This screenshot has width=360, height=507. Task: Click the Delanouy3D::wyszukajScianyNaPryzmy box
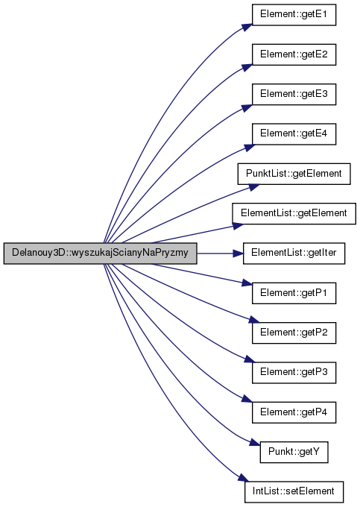(100, 253)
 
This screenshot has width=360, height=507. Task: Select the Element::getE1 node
(294, 15)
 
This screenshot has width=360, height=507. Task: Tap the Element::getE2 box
(294, 54)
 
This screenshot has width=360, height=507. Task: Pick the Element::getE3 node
(294, 94)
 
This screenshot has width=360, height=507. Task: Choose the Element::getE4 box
(294, 134)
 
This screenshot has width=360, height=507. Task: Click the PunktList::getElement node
(294, 174)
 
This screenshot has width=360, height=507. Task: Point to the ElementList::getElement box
(294, 213)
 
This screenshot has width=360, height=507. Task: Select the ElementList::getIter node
(294, 253)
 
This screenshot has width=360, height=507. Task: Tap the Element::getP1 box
(294, 293)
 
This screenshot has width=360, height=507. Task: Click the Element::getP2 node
(294, 333)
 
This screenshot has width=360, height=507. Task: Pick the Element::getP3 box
(294, 373)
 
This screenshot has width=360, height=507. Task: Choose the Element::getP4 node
(294, 412)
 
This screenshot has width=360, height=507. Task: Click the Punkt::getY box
(294, 452)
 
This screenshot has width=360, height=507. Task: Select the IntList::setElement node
(294, 492)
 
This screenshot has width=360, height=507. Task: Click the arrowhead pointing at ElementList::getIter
(239, 253)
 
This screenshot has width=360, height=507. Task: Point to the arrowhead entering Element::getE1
(247, 27)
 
